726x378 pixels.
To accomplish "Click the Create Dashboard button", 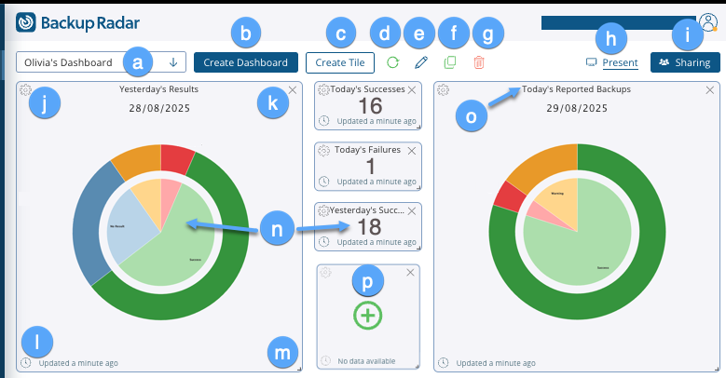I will pyautogui.click(x=246, y=62).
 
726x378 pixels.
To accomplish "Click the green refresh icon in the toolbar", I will pyautogui.click(x=392, y=62).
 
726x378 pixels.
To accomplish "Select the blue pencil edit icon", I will pyautogui.click(x=421, y=62).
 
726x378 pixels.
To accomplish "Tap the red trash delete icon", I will pyautogui.click(x=479, y=62).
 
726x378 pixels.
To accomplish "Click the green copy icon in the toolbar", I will pyautogui.click(x=450, y=62).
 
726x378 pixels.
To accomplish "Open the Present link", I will pyautogui.click(x=620, y=63).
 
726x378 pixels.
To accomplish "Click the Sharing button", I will pyautogui.click(x=685, y=62).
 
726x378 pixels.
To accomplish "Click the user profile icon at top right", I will pyautogui.click(x=707, y=22).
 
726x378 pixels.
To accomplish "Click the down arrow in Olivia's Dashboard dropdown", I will pyautogui.click(x=173, y=62).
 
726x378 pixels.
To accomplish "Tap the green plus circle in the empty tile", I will pyautogui.click(x=368, y=316).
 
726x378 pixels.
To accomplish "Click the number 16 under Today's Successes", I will pyautogui.click(x=371, y=105).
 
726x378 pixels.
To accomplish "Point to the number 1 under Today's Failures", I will pyautogui.click(x=371, y=166).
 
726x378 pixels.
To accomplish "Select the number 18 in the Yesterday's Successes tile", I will pyautogui.click(x=370, y=227).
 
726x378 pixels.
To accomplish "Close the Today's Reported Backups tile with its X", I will pyautogui.click(x=710, y=90).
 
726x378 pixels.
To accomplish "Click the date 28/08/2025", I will pyautogui.click(x=158, y=109).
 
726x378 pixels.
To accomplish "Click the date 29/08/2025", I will pyautogui.click(x=576, y=109).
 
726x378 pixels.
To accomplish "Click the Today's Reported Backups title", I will pyautogui.click(x=576, y=89).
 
